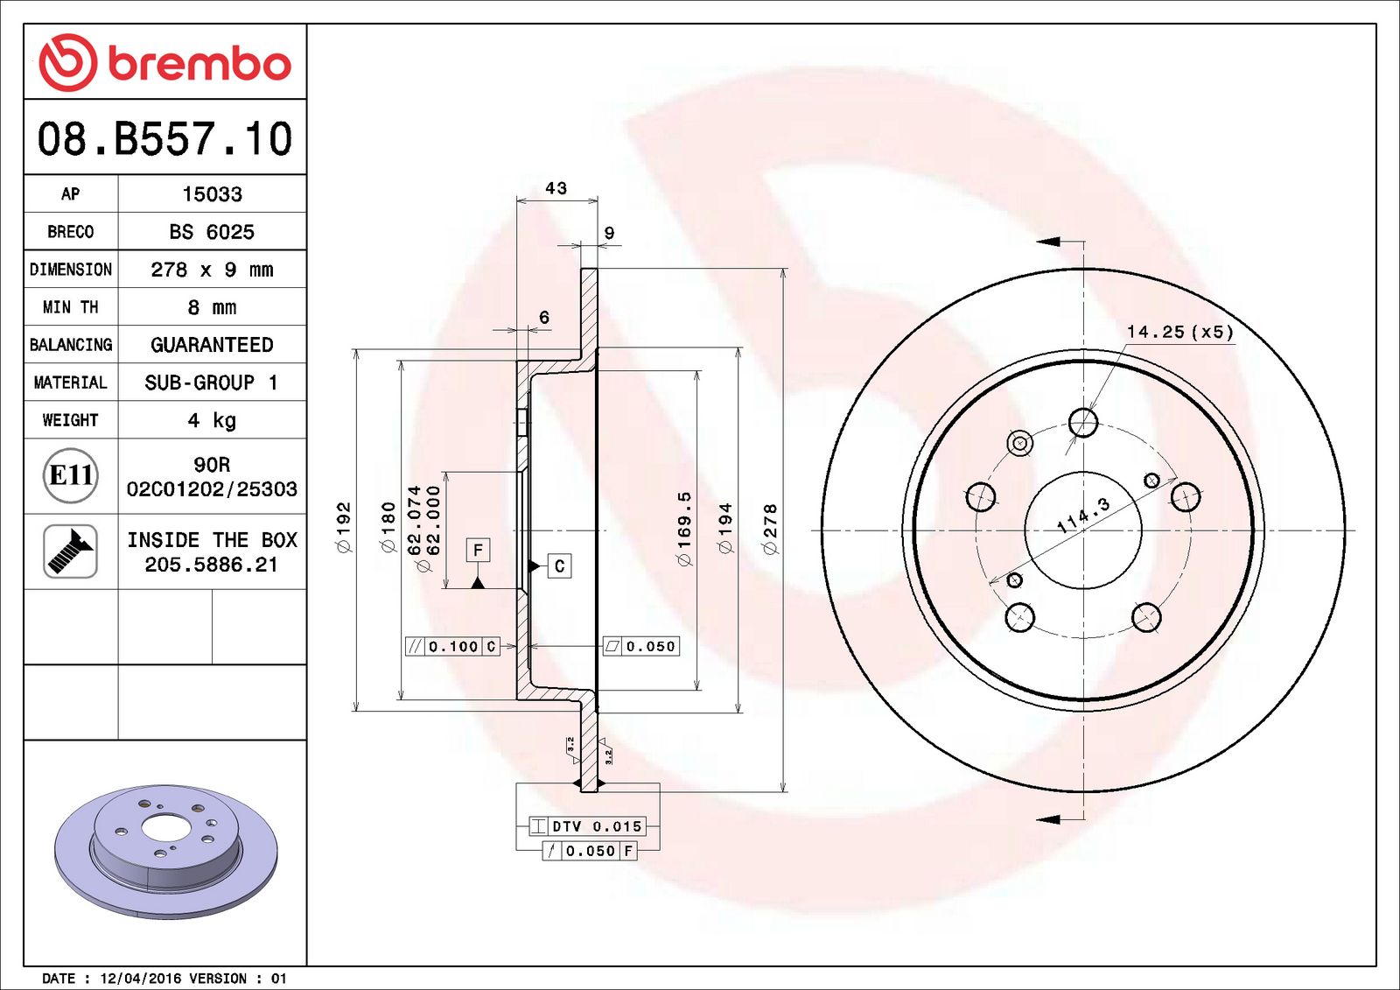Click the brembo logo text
coord(199,64)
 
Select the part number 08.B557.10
coord(164,139)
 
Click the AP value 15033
coord(212,194)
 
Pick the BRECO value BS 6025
coord(212,232)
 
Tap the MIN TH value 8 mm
coord(212,307)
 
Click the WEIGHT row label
coord(70,420)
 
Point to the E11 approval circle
coord(70,475)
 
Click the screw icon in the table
coord(70,551)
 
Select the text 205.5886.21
coord(212,565)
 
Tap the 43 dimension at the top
coord(556,188)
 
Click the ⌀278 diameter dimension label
coord(770,529)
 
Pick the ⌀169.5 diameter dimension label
coord(684,529)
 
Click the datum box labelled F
coord(478,550)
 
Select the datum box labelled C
coord(559,566)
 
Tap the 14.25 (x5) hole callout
coord(1179,332)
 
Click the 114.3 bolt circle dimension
coord(1083,516)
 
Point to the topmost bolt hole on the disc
coord(1083,422)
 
